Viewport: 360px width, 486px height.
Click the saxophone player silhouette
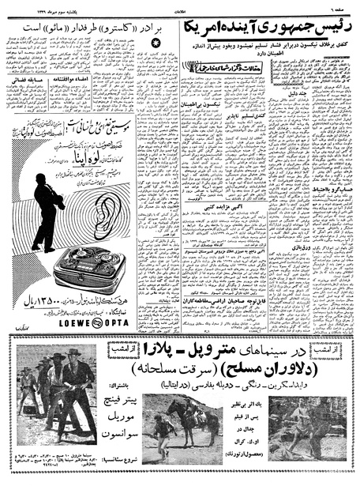coord(48,209)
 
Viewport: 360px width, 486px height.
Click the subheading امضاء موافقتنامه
coord(67,80)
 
